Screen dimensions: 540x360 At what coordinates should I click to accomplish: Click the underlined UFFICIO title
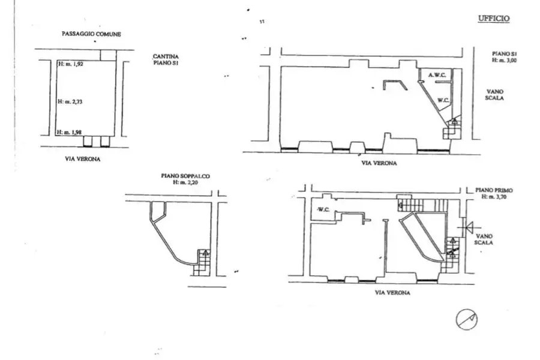[x=494, y=18]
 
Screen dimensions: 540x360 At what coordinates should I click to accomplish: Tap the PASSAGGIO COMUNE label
[x=91, y=34]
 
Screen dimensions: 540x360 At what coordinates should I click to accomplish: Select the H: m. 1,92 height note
[x=71, y=64]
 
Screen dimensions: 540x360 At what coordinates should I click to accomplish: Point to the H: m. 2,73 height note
[x=70, y=101]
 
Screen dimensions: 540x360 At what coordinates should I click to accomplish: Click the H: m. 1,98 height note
[x=70, y=132]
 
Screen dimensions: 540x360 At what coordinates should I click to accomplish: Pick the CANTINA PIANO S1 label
[x=166, y=59]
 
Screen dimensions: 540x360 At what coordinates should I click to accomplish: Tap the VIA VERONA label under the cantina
[x=83, y=159]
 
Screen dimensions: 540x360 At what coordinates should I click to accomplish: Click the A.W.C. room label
[x=437, y=75]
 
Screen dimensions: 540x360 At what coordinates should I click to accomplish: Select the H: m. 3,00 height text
[x=504, y=60]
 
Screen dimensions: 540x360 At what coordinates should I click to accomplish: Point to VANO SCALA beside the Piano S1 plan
[x=494, y=95]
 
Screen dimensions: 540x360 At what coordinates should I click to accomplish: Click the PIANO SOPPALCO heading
[x=185, y=176]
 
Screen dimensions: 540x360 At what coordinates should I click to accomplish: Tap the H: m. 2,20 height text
[x=185, y=182]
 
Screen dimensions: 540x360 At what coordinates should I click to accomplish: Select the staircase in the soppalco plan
[x=202, y=262]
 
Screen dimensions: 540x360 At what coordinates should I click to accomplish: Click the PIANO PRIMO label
[x=494, y=190]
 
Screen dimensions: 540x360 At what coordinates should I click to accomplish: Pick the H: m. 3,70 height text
[x=494, y=197]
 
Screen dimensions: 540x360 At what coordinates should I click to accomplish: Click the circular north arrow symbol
[x=467, y=319]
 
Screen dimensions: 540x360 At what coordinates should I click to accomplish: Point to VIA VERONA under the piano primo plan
[x=392, y=292]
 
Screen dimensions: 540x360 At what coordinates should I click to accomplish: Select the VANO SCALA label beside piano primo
[x=484, y=239]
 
